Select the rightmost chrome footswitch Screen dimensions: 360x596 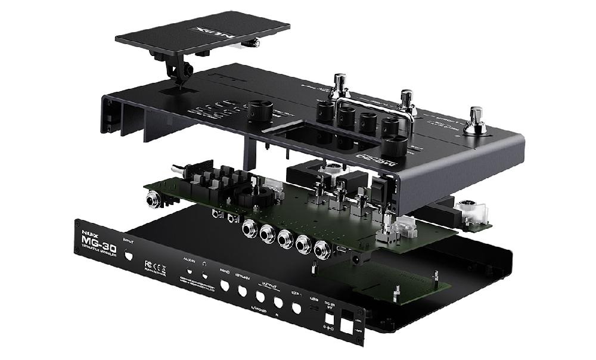[476, 118]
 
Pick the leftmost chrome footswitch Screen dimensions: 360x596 [340, 85]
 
